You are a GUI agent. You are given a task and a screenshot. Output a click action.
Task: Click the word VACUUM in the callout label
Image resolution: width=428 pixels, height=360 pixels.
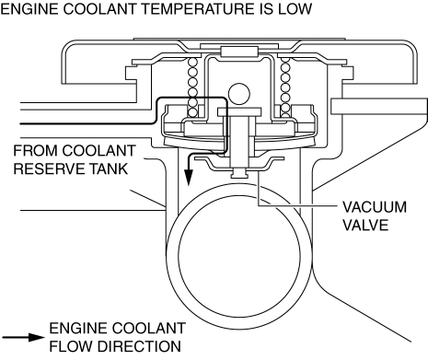[x=375, y=207]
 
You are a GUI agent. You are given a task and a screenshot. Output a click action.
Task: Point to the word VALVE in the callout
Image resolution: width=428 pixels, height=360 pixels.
[x=365, y=226]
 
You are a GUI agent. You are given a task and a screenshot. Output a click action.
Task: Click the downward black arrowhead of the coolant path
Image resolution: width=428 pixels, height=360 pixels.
[x=189, y=177]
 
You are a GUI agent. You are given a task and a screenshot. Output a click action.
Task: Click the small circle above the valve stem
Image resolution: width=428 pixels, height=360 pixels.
[x=239, y=94]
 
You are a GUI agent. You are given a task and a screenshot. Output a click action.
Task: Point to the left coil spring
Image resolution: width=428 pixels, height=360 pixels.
[x=192, y=87]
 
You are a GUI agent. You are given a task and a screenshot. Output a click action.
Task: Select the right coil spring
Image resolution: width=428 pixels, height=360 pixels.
[x=285, y=87]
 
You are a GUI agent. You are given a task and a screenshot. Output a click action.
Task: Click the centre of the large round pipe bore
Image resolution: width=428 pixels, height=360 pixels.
[x=239, y=257]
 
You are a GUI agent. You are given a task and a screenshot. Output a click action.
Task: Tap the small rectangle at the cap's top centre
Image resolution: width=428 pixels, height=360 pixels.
[x=239, y=52]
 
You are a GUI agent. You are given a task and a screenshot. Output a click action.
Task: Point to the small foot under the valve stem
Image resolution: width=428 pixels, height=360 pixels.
[x=239, y=173]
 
